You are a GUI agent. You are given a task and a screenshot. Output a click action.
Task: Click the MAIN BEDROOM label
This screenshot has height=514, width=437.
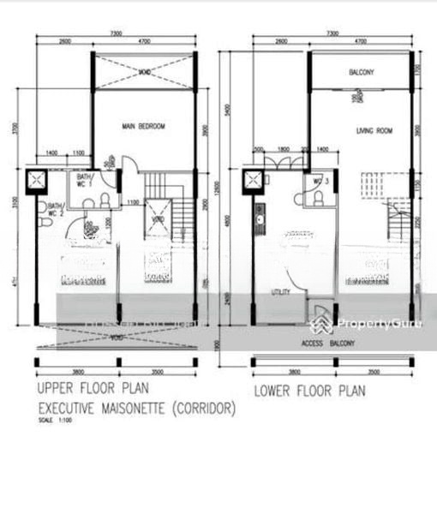click(142, 127)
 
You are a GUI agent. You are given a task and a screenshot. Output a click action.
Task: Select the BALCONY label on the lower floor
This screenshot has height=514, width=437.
click(361, 72)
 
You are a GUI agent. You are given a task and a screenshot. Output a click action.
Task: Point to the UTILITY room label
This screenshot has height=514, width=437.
click(281, 292)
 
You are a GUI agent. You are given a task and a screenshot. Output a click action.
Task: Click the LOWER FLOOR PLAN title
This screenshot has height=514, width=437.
click(308, 391)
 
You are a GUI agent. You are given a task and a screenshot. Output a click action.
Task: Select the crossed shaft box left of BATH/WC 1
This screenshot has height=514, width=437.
click(39, 181)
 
